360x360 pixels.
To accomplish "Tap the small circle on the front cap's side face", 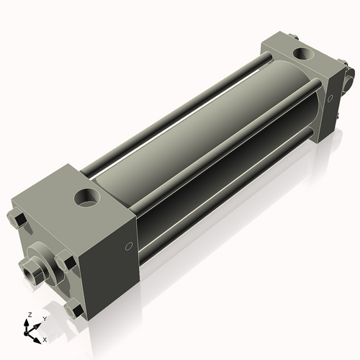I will point(128,246).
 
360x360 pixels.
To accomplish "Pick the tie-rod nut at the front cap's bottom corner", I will point(72,310).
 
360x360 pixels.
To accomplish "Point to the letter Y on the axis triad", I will point(44,318).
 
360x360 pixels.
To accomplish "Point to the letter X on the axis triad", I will point(45,338).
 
